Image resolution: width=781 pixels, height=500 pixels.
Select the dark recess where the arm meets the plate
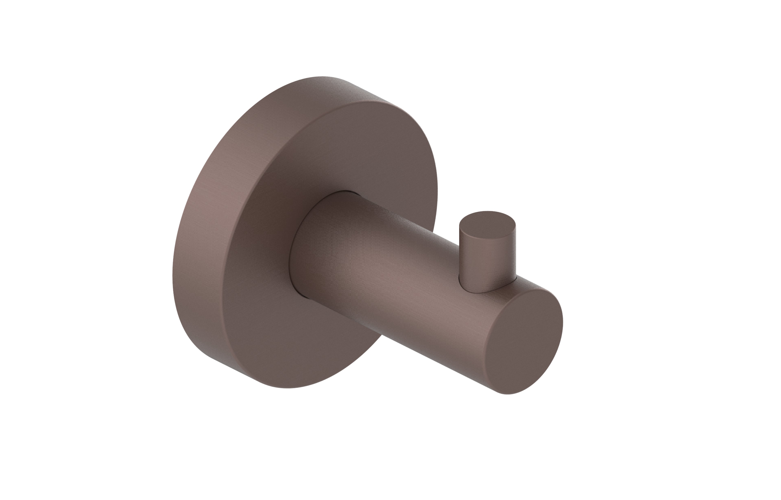294,260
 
